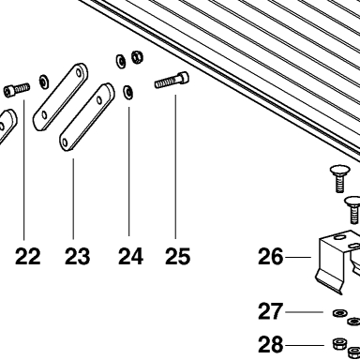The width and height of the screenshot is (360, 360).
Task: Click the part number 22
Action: point(28,256)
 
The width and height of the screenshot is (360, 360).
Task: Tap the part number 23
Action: point(77,256)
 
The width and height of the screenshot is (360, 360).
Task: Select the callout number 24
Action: point(130,256)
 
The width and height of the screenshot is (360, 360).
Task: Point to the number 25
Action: point(177,256)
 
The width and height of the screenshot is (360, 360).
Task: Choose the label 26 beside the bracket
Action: point(270,257)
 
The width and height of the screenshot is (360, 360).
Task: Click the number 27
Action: point(270,311)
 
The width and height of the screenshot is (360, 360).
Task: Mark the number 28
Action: point(270,345)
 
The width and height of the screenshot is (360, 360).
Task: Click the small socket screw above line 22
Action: point(17,89)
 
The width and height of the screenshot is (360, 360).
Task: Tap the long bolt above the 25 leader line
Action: point(172,80)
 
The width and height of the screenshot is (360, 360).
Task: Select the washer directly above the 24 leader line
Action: point(128,92)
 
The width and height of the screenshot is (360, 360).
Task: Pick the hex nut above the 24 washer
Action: point(137,57)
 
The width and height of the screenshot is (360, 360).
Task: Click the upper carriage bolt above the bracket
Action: point(338,179)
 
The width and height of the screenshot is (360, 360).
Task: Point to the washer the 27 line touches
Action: point(338,312)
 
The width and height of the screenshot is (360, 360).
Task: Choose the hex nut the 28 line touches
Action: point(338,345)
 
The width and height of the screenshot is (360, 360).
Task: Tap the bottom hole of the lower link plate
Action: point(65,143)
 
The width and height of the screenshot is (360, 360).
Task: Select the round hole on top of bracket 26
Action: point(338,238)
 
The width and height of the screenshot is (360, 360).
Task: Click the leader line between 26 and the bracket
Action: point(298,257)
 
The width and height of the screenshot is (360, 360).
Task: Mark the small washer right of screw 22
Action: point(43,82)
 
